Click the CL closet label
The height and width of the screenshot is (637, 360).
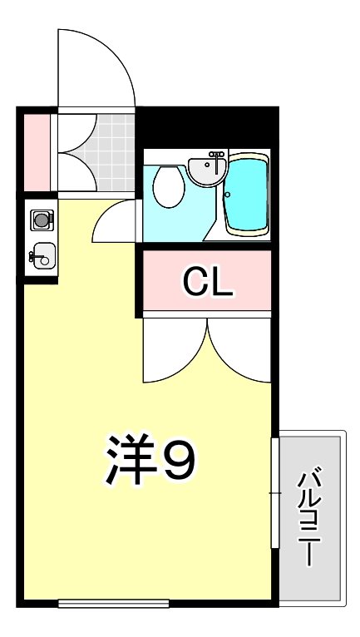[208, 284]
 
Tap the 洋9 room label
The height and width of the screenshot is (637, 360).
[150, 461]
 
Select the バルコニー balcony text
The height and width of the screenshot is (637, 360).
[311, 516]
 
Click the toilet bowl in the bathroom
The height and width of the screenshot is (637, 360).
[170, 186]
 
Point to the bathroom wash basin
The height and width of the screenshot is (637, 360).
[206, 170]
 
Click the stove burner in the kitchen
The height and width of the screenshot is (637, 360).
[41, 220]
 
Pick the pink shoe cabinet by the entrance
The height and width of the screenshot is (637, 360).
[36, 151]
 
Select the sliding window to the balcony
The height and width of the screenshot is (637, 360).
[274, 492]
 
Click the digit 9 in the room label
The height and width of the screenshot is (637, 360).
[178, 461]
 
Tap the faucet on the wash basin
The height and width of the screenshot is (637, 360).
[216, 156]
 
